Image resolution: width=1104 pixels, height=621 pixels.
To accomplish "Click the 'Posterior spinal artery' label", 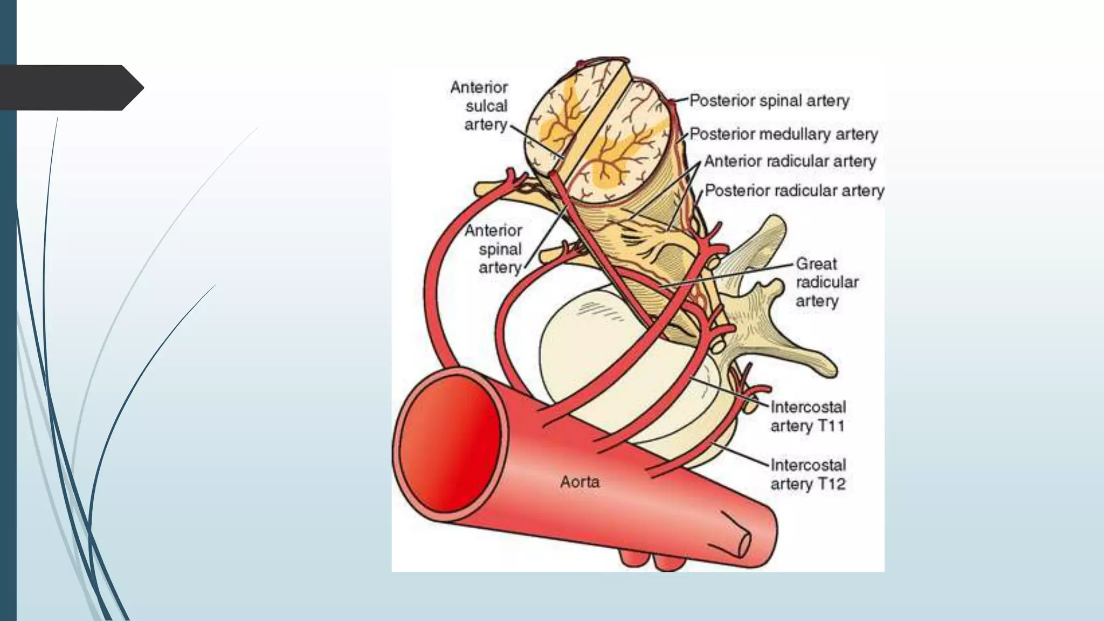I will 769,101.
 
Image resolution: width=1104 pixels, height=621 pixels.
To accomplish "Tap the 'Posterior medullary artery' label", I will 784,134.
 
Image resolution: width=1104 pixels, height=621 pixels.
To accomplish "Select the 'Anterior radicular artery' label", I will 790,161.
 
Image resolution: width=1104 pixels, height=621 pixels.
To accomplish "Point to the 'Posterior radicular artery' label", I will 795,191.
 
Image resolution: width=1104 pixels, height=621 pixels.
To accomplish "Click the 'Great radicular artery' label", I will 827,282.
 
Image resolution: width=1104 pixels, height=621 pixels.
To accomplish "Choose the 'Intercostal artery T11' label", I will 808,416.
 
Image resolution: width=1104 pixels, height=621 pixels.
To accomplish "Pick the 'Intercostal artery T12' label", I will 808,474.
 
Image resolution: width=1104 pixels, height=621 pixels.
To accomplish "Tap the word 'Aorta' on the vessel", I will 579,481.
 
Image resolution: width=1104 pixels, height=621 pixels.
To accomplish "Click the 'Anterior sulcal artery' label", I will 480,106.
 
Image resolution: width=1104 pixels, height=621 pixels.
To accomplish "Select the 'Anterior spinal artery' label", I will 493,249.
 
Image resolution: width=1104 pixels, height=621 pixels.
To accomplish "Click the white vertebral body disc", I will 588,345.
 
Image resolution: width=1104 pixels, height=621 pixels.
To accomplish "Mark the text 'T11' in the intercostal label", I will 831,426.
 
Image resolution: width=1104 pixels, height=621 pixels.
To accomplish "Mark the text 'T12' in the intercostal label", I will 831,484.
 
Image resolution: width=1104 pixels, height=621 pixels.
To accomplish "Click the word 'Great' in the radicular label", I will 816,264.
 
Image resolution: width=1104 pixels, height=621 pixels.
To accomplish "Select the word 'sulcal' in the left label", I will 486,106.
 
